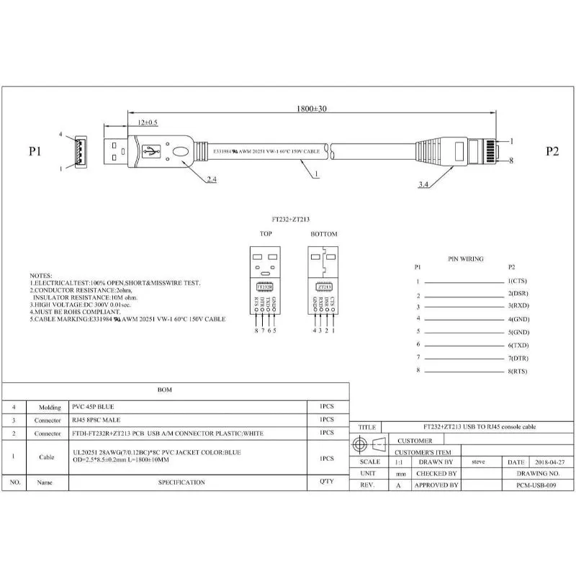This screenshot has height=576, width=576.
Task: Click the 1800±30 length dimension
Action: pos(312,108)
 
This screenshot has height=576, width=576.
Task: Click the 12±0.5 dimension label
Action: pos(148,123)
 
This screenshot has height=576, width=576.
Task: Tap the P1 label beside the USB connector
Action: pos(35,151)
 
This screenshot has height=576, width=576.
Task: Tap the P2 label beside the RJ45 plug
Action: pos(552,151)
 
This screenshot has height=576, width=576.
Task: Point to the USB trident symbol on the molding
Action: pos(151,152)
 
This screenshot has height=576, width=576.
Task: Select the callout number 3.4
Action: pos(425,185)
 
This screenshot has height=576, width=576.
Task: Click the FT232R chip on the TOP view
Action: pos(264,287)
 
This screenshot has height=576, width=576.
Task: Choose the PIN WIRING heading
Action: pos(466,258)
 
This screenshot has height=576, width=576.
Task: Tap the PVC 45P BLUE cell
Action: pos(93,406)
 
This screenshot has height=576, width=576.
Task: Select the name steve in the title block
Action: pos(478,462)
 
